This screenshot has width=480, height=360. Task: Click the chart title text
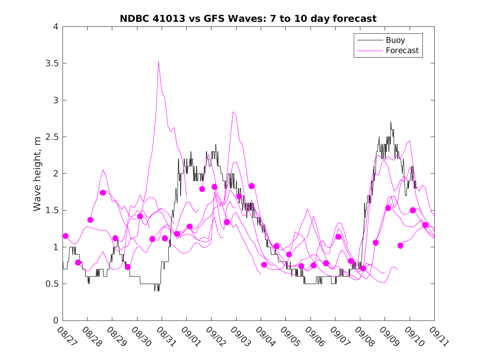coord(248,19)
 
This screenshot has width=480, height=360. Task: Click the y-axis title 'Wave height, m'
coord(37,174)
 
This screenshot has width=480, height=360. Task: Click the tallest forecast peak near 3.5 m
coord(158,62)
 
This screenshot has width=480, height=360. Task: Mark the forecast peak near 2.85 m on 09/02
coord(233,111)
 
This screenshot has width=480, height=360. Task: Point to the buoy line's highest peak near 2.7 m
coord(390,122)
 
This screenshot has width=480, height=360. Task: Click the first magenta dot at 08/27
coord(65,236)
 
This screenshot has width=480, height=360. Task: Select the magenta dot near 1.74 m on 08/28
coord(103,193)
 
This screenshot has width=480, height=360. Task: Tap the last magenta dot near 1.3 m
coord(425,225)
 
